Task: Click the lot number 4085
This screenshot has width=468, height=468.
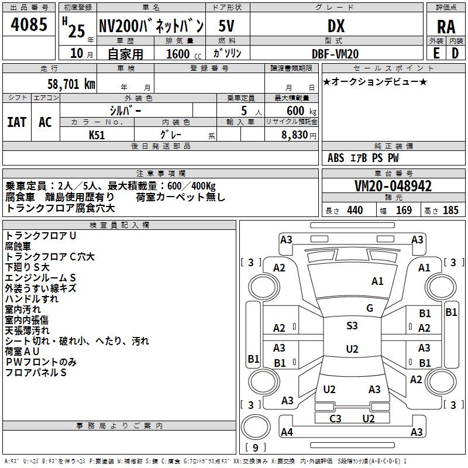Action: pos(29,25)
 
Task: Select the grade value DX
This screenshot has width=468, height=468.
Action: pos(336,26)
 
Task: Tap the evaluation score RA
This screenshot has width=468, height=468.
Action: pos(446,27)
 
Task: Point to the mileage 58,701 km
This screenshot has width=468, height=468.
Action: pos(71,84)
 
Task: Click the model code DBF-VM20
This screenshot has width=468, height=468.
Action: pos(335,54)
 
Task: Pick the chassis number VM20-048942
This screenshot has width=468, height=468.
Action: pos(393,186)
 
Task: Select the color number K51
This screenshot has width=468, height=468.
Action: pos(97,135)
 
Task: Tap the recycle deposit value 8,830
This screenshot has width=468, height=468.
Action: pos(295,135)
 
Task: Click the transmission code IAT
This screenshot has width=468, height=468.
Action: pos(17,122)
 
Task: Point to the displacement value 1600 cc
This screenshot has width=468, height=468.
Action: pos(184,54)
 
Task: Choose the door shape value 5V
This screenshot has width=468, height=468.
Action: pos(226,26)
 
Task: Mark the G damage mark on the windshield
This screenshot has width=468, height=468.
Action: pos(370,308)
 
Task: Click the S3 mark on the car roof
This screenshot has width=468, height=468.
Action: pos(352,326)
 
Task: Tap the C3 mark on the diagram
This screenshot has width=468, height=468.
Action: pos(335,418)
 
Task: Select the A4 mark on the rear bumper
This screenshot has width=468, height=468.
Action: pos(287,432)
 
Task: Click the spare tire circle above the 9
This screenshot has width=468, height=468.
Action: pos(256,428)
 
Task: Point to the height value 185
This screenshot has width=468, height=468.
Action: pos(450,211)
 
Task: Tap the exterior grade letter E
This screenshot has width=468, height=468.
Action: pos(436,53)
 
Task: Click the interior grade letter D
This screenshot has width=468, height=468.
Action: pos(455,53)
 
